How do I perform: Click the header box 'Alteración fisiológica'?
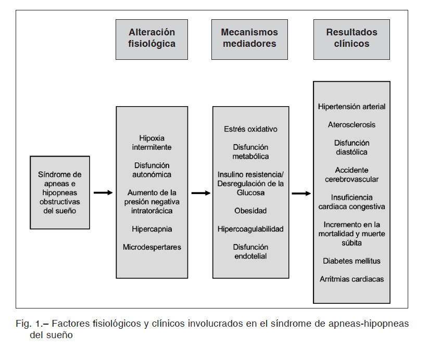(x=152, y=39)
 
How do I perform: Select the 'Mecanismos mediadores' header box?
(x=249, y=39)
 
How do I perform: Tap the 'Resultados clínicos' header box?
(x=351, y=39)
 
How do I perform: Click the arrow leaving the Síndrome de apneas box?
(x=103, y=193)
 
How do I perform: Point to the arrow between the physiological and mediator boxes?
(x=201, y=193)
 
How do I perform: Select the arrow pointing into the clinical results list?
(x=301, y=194)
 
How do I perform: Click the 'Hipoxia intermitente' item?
(x=152, y=143)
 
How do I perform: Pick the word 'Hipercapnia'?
(x=152, y=229)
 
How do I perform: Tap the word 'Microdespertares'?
(x=152, y=247)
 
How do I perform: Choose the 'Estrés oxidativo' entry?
(x=250, y=129)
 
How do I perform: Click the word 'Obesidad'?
(x=250, y=211)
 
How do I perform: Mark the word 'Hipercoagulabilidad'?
(x=250, y=229)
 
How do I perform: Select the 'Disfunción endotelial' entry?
(x=250, y=251)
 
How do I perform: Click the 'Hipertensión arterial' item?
(x=351, y=106)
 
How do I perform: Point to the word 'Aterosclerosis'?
(x=351, y=125)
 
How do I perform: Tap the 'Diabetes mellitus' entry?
(x=351, y=261)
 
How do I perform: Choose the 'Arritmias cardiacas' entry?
(x=351, y=279)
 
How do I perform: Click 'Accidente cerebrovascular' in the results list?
(x=351, y=175)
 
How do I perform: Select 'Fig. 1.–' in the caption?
(x=32, y=324)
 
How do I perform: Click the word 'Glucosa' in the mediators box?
(x=250, y=192)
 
